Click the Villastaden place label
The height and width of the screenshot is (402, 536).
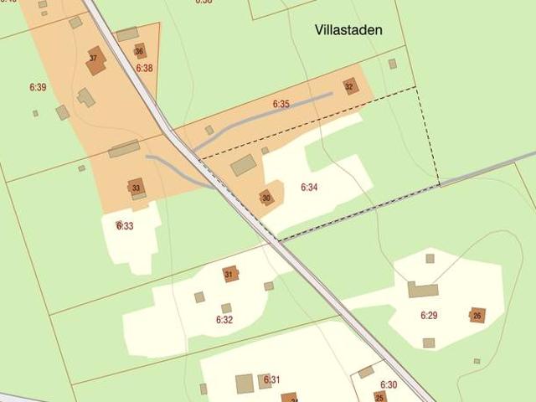[x=348, y=30]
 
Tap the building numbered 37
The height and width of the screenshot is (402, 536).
[x=94, y=59]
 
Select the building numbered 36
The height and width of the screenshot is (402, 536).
[x=139, y=51]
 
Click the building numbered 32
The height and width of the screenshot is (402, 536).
[x=349, y=85]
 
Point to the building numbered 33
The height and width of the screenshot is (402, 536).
[x=136, y=187]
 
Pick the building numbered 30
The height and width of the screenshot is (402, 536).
[x=266, y=198]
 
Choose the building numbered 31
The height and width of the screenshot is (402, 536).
[x=229, y=274]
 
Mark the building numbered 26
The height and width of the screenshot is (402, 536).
[x=477, y=315]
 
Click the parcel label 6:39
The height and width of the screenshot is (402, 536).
[x=38, y=87]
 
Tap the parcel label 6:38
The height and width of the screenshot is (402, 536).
[x=144, y=68]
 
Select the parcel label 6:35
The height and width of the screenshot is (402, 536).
[x=281, y=105]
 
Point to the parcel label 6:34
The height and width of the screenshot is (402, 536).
[x=309, y=188]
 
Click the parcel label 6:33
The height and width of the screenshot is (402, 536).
[x=125, y=226]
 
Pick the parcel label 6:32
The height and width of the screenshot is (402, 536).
[x=224, y=320]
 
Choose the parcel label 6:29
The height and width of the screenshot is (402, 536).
[x=429, y=316]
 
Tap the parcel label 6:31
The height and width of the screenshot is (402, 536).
[x=272, y=380]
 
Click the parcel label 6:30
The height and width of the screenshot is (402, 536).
[x=389, y=385]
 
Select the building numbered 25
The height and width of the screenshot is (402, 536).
[x=379, y=397]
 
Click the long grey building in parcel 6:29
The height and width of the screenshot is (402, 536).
[x=423, y=291]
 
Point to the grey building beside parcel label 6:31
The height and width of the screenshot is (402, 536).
[x=245, y=384]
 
